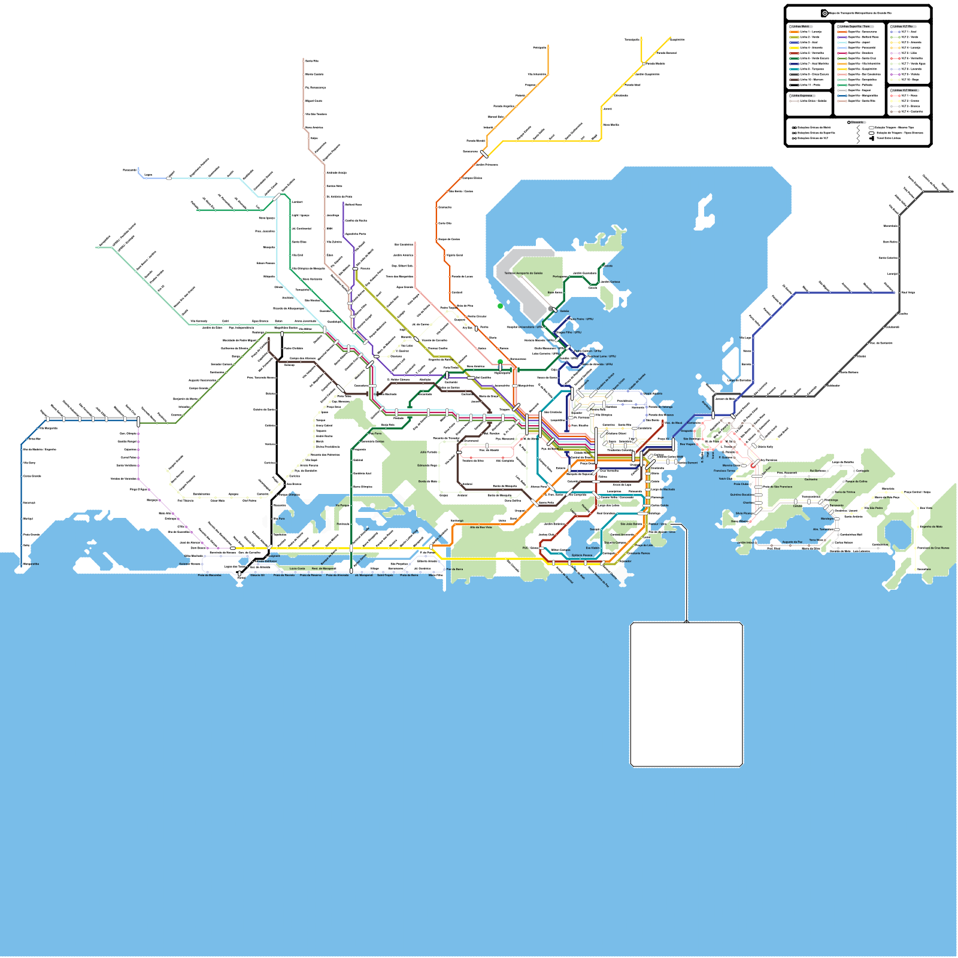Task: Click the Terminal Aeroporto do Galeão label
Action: point(523,273)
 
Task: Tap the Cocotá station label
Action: point(608,266)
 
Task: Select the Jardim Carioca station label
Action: point(610,281)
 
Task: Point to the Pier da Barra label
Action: point(454,569)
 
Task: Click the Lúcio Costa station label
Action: point(297,568)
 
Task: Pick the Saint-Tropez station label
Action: point(385,575)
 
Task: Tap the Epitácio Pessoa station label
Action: point(581,555)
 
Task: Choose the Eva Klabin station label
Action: point(592,548)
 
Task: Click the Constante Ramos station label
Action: point(638,553)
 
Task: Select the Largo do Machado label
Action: point(662,489)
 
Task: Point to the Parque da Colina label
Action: point(856,481)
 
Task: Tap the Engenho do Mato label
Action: point(931,527)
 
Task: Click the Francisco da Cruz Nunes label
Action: point(933,548)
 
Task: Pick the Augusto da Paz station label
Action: point(792,542)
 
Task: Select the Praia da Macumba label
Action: point(210,575)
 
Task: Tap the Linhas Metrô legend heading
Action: point(800,26)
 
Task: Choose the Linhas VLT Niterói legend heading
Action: point(905,90)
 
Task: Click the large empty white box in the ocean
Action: point(686,694)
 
